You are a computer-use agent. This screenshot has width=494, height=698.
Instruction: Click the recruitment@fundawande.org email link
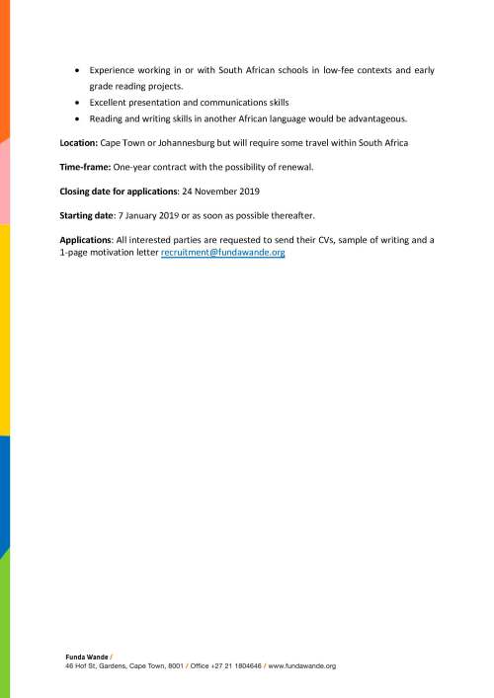pyautogui.click(x=222, y=253)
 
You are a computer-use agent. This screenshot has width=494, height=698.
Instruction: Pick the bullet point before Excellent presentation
pyautogui.click(x=78, y=103)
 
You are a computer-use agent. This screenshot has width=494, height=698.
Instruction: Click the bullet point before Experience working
pyautogui.click(x=78, y=71)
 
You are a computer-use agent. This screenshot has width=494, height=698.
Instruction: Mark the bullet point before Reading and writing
pyautogui.click(x=78, y=118)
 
